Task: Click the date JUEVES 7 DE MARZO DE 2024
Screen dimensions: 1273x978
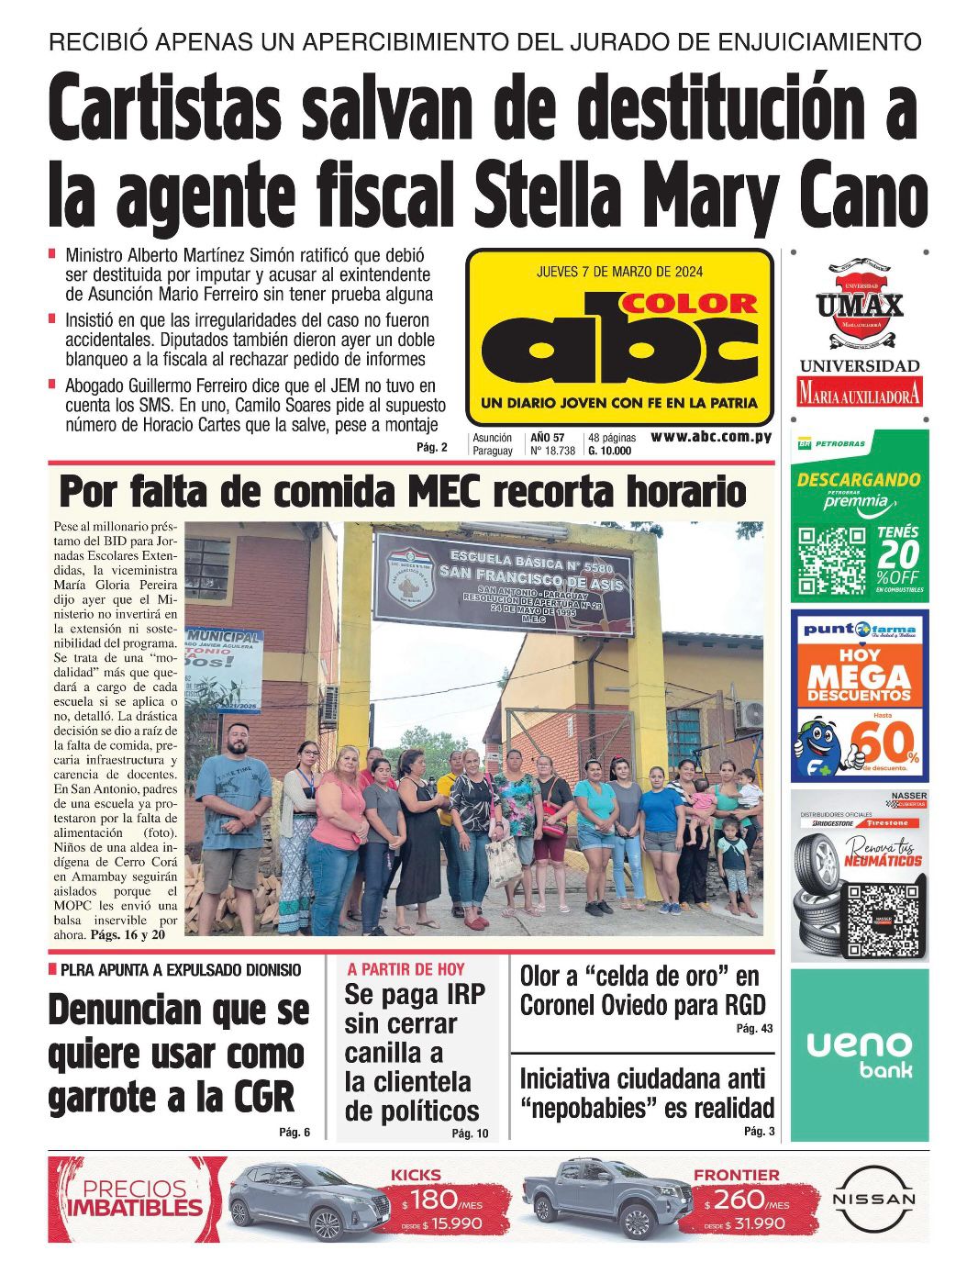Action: pyautogui.click(x=619, y=272)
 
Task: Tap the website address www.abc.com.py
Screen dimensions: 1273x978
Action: pyautogui.click(x=711, y=438)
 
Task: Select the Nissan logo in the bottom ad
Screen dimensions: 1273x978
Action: pyautogui.click(x=873, y=1199)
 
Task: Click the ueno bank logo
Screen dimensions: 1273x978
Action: pyautogui.click(x=859, y=1054)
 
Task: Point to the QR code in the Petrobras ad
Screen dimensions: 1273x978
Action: pyautogui.click(x=832, y=560)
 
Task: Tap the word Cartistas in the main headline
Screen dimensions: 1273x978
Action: pyautogui.click(x=165, y=108)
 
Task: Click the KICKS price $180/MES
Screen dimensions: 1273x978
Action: pyautogui.click(x=441, y=1200)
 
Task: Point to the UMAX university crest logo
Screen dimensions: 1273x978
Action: pyautogui.click(x=860, y=305)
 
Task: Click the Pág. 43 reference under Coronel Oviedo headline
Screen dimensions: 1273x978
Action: pyautogui.click(x=754, y=1029)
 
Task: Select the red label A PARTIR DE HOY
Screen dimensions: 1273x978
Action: pyautogui.click(x=406, y=969)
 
